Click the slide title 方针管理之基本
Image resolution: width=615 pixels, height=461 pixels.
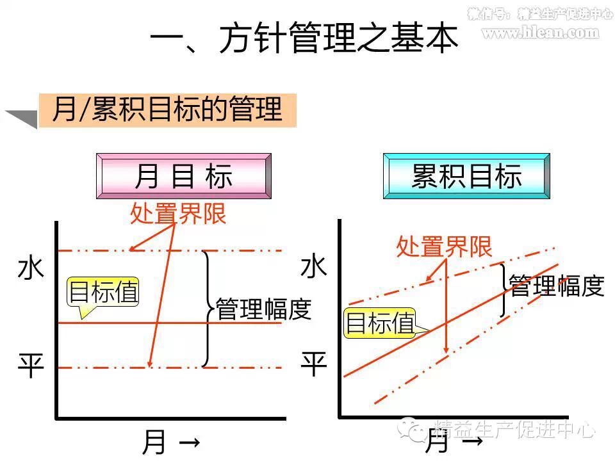pos(304,40)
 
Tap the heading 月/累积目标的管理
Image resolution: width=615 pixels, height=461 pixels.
pos(167,109)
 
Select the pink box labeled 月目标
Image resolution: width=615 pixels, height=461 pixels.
pos(183,176)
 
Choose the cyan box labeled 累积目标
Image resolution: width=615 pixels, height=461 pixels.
pos(466,176)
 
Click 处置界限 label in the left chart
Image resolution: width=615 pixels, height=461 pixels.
pos(178,214)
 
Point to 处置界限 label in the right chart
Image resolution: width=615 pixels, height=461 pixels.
pos(444,247)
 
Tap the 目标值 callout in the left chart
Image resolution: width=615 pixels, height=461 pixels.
pos(103,293)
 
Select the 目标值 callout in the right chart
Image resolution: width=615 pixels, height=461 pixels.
pos(380,323)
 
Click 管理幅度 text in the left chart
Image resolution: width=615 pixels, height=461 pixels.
pos(263,309)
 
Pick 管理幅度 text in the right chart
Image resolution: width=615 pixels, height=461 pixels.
pos(556,286)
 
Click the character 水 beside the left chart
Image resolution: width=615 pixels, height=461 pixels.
pos(31,268)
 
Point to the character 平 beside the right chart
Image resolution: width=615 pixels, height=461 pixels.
pos(314,366)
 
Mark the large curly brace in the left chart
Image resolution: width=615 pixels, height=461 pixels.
pos(207,309)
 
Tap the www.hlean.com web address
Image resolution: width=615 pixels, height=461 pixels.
pos(540,33)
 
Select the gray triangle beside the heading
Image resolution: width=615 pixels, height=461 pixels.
pos(22,118)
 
